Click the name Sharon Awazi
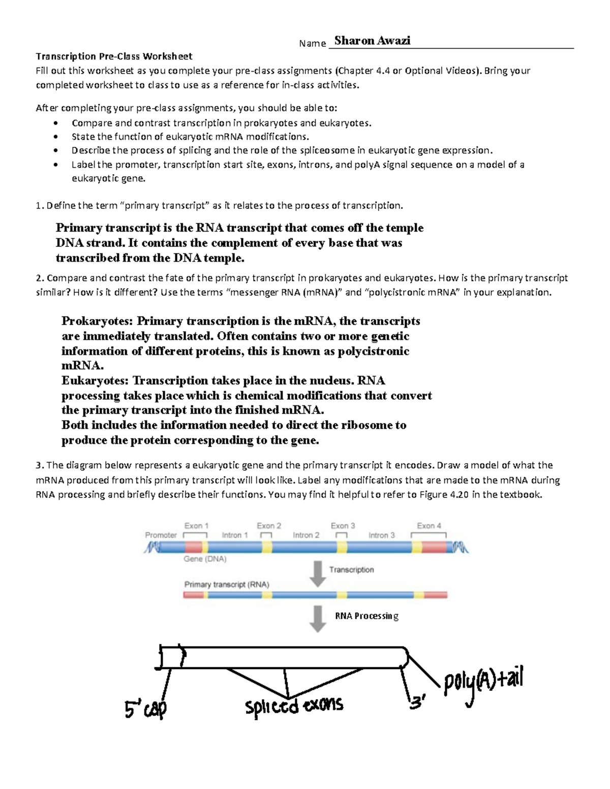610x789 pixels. point(372,41)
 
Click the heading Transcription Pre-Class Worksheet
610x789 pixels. point(114,56)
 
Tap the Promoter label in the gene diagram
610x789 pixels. point(161,535)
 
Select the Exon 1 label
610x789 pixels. point(196,526)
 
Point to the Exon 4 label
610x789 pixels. point(429,526)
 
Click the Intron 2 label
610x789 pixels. point(306,535)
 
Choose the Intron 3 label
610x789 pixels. point(381,535)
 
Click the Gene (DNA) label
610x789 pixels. point(205,559)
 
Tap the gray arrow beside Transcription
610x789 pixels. point(318,573)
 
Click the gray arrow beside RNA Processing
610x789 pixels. point(318,618)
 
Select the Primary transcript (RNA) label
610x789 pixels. point(227,584)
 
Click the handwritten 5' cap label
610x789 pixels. point(146,709)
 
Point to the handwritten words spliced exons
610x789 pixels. point(294,706)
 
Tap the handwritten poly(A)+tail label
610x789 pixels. point(483,683)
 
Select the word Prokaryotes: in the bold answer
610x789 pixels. point(97,321)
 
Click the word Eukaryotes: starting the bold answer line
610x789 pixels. point(96,381)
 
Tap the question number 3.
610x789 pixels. point(39,465)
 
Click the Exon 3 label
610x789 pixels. point(343,526)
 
